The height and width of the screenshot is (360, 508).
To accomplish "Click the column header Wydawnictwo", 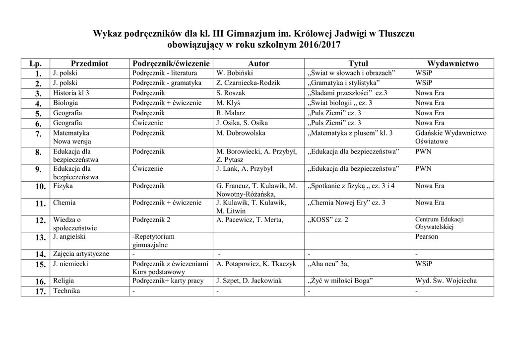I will (452, 64).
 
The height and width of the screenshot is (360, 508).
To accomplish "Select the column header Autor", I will (258, 64).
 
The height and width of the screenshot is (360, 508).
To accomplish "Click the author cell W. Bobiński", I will (235, 73).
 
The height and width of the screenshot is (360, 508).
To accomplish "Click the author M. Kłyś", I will (231, 103).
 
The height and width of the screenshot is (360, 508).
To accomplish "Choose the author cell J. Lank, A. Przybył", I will (245, 168).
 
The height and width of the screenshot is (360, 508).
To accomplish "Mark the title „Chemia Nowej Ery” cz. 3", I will (347, 203).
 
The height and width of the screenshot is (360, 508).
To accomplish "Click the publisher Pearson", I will (427, 236).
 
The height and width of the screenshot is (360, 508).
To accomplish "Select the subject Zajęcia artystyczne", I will (81, 254).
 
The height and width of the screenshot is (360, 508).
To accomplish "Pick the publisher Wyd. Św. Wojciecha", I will (446, 281).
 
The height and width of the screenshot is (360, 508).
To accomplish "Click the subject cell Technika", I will (66, 290).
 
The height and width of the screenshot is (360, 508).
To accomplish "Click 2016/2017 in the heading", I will (320, 45).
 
